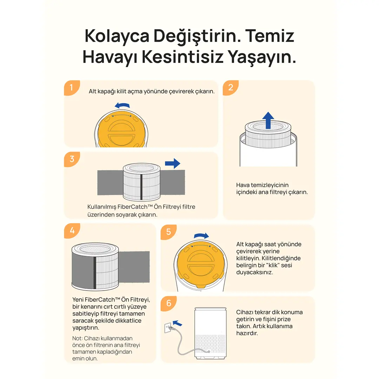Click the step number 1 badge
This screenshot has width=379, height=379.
pyautogui.click(x=72, y=87)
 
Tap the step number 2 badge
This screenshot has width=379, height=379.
pyautogui.click(x=230, y=87)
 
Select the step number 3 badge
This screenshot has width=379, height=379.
pyautogui.click(x=72, y=159)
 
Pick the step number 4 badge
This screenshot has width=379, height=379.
pyautogui.click(x=72, y=231)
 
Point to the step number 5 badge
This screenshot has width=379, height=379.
pyautogui.click(x=168, y=232)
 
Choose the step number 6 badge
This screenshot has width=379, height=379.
pyautogui.click(x=168, y=303)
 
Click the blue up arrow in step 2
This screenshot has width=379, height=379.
pyautogui.click(x=268, y=120)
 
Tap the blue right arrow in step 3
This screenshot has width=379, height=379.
pyautogui.click(x=173, y=164)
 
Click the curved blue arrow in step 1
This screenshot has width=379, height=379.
pyautogui.click(x=122, y=105)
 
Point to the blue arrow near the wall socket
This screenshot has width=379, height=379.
pyautogui.click(x=178, y=323)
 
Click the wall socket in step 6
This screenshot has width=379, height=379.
pyautogui.click(x=168, y=328)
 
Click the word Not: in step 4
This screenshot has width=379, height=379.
pyautogui.click(x=77, y=338)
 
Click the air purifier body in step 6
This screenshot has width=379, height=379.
pyautogui.click(x=211, y=333)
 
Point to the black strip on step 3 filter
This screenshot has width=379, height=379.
pyautogui.click(x=141, y=187)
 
